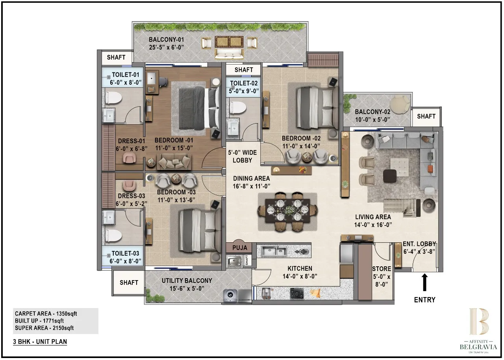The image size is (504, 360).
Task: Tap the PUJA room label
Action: coord(239,247)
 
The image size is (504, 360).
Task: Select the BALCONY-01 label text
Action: coord(167,40)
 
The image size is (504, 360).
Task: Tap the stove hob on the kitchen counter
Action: coord(296,292)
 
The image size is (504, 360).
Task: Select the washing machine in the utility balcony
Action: coord(230,295)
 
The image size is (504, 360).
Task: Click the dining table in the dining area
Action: coord(287,212)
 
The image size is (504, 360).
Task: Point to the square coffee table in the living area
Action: coord(390,175)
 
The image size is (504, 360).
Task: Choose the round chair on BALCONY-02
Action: coord(400,104)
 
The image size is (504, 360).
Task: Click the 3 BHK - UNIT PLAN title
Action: coord(40,342)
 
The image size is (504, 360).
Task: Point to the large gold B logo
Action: coord(478,321)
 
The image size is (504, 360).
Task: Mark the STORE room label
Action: coord(382,269)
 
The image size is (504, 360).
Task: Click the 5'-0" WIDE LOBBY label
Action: coord(242,157)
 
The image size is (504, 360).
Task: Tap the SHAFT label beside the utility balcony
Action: coord(129,282)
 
